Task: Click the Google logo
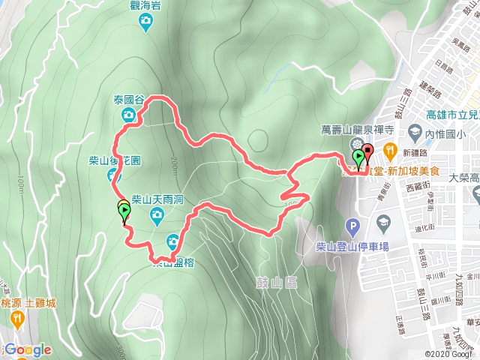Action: click(27, 349)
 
